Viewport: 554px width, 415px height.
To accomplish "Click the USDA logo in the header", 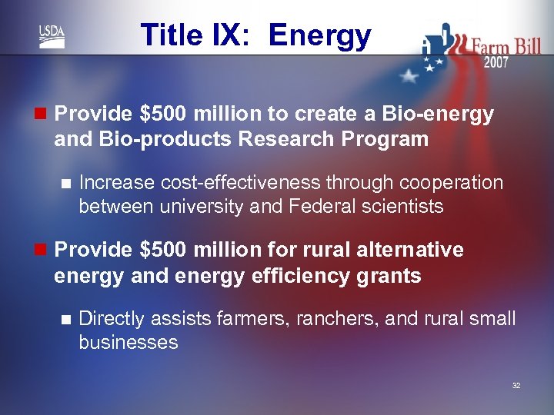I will [x=52, y=35].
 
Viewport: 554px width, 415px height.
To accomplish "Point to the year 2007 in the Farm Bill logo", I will [x=496, y=63].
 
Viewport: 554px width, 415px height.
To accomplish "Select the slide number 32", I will [x=516, y=385].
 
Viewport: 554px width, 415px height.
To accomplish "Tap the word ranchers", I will [x=336, y=319].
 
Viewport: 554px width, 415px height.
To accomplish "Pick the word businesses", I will [x=128, y=342].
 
